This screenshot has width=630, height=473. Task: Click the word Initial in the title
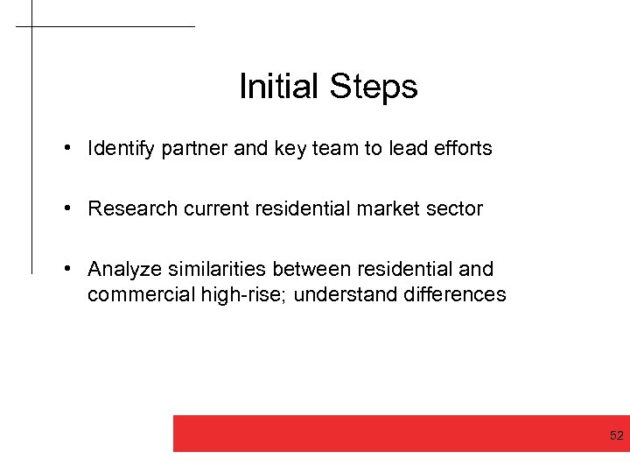[x=279, y=87]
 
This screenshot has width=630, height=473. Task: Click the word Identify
[x=122, y=149]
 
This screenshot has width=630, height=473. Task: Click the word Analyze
[x=122, y=269]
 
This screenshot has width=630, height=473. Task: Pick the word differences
[x=455, y=294]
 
